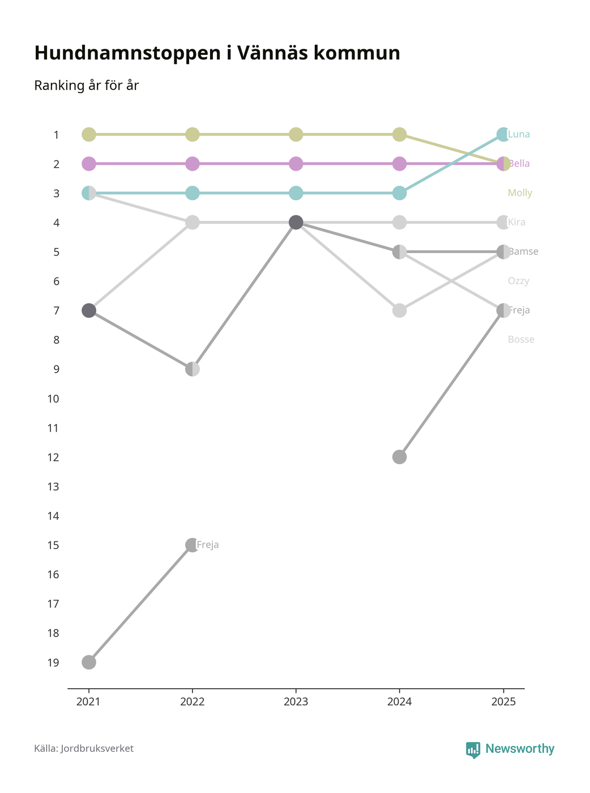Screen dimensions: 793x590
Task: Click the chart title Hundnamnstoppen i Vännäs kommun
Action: pyautogui.click(x=217, y=53)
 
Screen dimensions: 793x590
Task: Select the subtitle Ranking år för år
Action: pyautogui.click(x=86, y=86)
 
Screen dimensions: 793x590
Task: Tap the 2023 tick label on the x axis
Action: pyautogui.click(x=296, y=702)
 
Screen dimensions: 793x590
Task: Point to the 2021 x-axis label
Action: pyautogui.click(x=88, y=702)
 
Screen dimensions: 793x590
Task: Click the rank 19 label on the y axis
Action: pyautogui.click(x=53, y=663)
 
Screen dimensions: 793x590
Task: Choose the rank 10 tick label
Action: pyautogui.click(x=53, y=399)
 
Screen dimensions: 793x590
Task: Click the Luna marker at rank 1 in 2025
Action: pyautogui.click(x=503, y=134)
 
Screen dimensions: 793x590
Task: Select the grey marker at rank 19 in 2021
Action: pyautogui.click(x=89, y=662)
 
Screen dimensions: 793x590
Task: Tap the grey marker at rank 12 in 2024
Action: pyautogui.click(x=399, y=457)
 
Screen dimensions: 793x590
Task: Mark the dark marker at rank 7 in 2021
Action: pyautogui.click(x=89, y=310)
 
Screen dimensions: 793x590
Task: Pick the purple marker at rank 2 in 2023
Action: pyautogui.click(x=296, y=164)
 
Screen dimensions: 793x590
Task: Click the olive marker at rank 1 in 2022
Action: pyautogui.click(x=193, y=134)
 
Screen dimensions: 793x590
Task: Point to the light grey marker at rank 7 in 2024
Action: pyautogui.click(x=399, y=310)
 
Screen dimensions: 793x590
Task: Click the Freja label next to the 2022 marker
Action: pyautogui.click(x=208, y=545)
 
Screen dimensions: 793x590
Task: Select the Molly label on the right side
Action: pyautogui.click(x=520, y=193)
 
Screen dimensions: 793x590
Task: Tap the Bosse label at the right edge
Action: pyautogui.click(x=521, y=340)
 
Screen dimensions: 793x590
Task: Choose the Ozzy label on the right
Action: pyautogui.click(x=519, y=281)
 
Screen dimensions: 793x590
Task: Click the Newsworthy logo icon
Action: pyautogui.click(x=473, y=749)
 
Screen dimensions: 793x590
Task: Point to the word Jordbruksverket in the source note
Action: pyautogui.click(x=97, y=749)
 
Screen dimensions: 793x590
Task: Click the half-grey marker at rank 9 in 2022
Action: pyautogui.click(x=193, y=369)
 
